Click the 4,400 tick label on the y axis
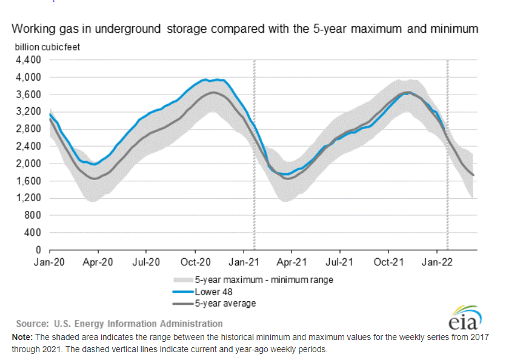[x=27, y=60]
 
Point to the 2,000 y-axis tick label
[x=27, y=164]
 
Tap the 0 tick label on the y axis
[x=38, y=250]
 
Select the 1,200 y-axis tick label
[x=27, y=198]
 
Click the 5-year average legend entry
[x=224, y=303]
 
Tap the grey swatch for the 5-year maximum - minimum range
[x=180, y=280]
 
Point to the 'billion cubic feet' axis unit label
[x=48, y=46]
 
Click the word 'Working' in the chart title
[x=36, y=29]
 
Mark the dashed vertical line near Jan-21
[x=253, y=155]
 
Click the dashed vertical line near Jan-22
[x=447, y=155]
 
